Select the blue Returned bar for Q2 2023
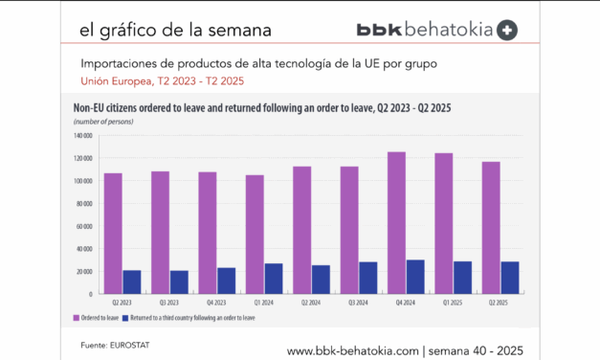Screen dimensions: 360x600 tap(132, 281)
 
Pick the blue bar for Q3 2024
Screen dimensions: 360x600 tap(367, 278)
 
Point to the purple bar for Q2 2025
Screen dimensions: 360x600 tap(490, 227)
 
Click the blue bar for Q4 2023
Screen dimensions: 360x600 tap(226, 281)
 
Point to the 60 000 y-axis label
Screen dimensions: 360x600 tap(81, 226)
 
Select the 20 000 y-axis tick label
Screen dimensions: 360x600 tap(81, 271)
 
